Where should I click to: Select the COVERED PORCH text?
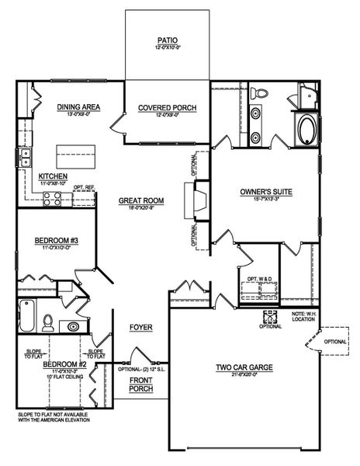166,107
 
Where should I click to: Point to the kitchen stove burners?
54,198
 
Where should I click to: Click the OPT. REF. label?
84,187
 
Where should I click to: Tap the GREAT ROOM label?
140,200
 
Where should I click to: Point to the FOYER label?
140,327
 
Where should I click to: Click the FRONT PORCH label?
140,384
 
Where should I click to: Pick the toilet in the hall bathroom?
48,322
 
